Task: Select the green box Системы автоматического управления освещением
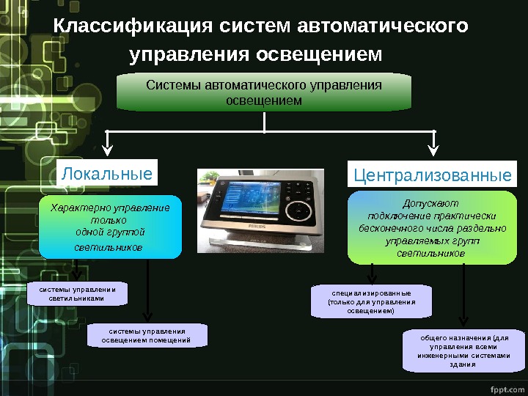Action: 264,92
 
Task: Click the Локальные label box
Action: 107,174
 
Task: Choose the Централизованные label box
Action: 432,175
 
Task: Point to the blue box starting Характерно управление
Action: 110,227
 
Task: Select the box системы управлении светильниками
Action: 77,294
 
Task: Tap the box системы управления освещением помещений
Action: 146,336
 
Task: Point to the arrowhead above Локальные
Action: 107,152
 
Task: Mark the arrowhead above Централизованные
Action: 433,152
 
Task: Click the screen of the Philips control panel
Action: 245,203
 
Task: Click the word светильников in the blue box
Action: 110,247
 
